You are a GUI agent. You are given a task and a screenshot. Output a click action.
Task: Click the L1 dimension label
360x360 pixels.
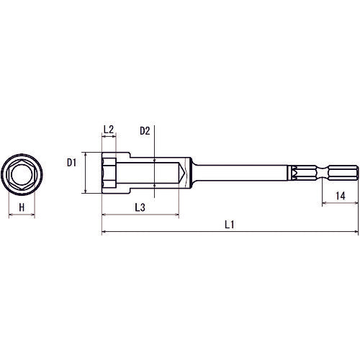pyautogui.click(x=229, y=225)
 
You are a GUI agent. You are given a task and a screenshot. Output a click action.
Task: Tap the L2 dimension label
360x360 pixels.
pyautogui.click(x=109, y=130)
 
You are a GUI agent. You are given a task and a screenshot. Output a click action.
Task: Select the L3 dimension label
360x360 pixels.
pyautogui.click(x=140, y=207)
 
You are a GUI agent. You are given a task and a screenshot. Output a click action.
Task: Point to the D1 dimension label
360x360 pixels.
pyautogui.click(x=71, y=163)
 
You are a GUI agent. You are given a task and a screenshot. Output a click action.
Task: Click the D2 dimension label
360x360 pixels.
pyautogui.click(x=145, y=131)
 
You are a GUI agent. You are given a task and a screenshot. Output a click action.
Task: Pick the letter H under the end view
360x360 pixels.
pyautogui.click(x=22, y=207)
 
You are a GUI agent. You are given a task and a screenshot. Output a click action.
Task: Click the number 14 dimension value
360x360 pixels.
pyautogui.click(x=341, y=196)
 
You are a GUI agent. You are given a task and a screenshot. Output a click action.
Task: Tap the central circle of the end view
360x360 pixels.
pyautogui.click(x=22, y=174)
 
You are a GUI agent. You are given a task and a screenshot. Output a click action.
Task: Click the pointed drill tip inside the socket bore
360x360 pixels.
pyautogui.click(x=181, y=173)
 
